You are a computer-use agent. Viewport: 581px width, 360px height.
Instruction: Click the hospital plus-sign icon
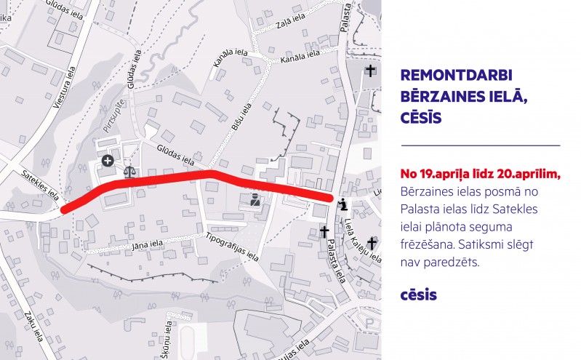click(108, 160)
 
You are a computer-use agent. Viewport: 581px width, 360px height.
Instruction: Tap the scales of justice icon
click(130, 172)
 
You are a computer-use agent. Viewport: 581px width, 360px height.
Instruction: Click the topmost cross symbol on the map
click(371, 71)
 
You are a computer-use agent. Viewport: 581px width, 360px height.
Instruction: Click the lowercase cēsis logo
click(419, 295)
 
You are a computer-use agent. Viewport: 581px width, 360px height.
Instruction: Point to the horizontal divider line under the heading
click(480, 146)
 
